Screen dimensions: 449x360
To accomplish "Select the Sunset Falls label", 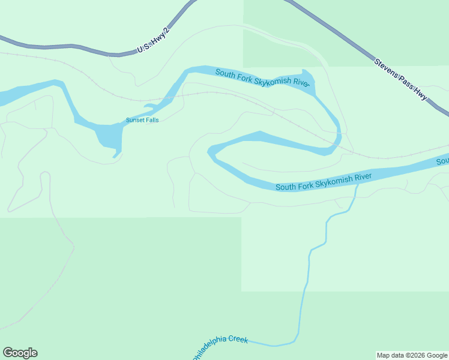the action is tap(142, 120).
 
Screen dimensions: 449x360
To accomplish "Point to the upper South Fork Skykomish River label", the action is tap(262, 79).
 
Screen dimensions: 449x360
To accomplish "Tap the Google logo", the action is tap(20, 353).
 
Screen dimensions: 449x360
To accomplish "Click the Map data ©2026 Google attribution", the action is tap(412, 355).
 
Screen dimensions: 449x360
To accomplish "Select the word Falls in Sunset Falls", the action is tap(152, 120).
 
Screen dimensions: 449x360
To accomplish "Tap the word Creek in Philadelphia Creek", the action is tap(237, 340).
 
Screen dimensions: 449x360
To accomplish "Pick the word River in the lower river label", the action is tap(362, 176).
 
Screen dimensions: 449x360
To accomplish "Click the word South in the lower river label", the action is tap(286, 187).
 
